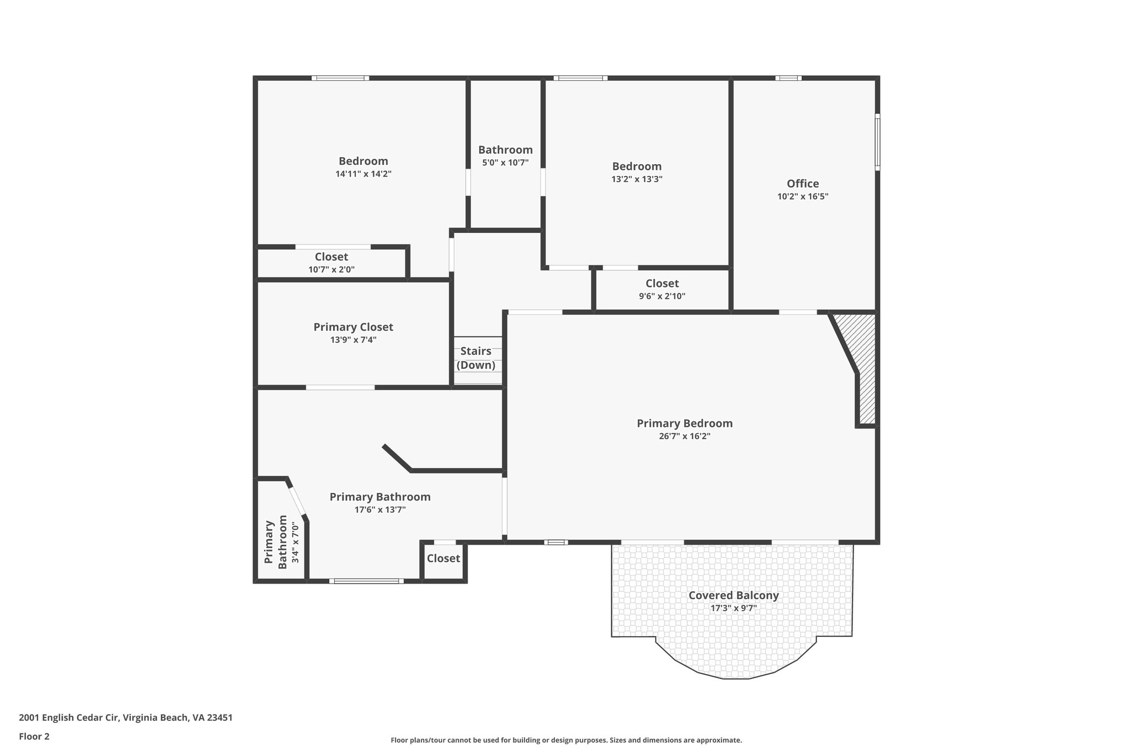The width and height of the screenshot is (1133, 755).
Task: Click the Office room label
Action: click(802, 184)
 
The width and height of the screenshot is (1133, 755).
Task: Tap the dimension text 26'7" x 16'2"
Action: click(684, 436)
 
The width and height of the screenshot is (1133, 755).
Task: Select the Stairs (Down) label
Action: click(476, 358)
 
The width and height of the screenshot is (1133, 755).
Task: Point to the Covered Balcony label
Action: click(733, 596)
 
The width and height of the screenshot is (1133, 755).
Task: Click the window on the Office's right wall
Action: click(877, 142)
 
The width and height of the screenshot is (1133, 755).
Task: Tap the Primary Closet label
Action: click(353, 327)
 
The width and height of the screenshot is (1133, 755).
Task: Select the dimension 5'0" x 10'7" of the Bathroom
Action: click(505, 163)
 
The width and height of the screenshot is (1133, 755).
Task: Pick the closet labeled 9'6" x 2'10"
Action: click(662, 289)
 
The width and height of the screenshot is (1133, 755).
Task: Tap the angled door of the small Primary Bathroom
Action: click(297, 500)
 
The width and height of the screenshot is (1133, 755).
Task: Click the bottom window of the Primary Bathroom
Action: click(366, 581)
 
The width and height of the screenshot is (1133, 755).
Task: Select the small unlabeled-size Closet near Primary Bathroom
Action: click(443, 559)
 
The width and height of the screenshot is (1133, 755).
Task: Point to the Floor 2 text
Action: click(34, 736)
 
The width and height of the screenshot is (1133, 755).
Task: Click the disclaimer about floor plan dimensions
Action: click(566, 740)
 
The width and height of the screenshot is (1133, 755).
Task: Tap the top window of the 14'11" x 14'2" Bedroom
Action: click(340, 78)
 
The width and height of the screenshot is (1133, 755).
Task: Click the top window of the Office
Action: click(788, 78)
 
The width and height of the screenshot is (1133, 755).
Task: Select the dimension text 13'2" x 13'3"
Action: click(636, 179)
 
